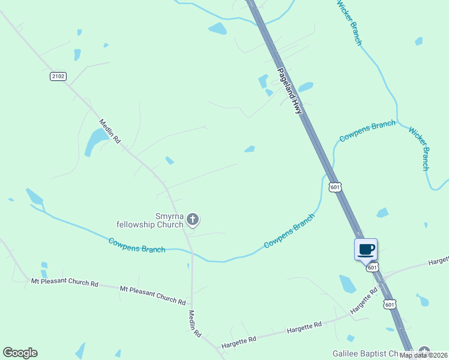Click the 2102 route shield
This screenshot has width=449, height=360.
[58, 76]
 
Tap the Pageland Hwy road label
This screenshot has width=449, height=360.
[289, 91]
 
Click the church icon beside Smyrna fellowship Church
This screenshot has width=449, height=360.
[193, 220]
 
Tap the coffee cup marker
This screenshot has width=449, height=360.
[366, 249]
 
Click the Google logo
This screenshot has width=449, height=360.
[20, 353]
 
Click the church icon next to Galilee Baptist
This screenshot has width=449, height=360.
[425, 352]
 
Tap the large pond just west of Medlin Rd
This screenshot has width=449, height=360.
[96, 141]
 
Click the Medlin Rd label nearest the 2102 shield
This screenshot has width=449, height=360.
[110, 130]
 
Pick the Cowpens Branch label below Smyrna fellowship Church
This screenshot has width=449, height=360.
[137, 245]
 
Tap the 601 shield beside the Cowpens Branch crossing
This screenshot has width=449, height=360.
[335, 187]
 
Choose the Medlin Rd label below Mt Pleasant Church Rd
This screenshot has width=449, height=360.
[195, 323]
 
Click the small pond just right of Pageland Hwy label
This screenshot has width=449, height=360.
[306, 87]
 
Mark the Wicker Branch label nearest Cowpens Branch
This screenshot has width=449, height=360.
[419, 148]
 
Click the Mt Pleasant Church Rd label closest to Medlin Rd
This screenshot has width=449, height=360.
[152, 295]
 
